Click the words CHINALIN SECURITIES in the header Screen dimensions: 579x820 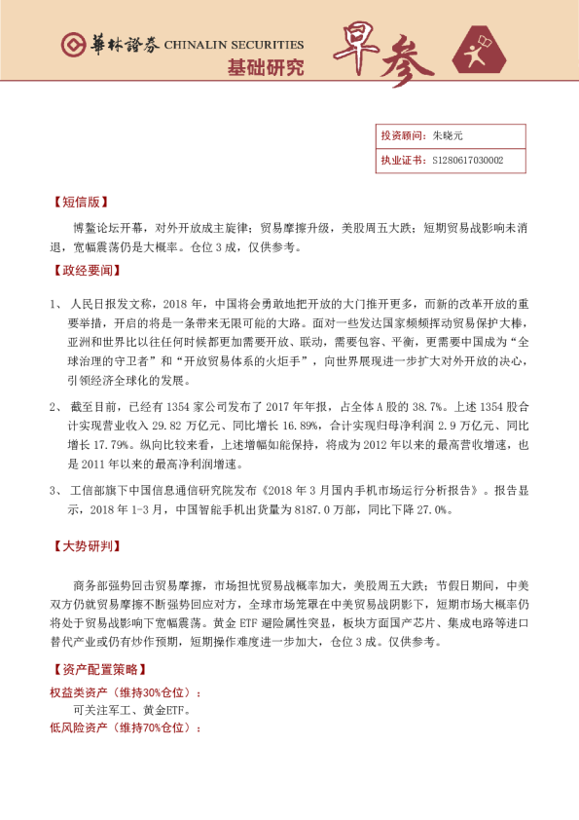point(234,45)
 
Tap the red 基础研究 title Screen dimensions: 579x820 point(265,68)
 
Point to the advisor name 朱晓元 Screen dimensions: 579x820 point(449,137)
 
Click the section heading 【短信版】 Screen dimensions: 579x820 point(77,204)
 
